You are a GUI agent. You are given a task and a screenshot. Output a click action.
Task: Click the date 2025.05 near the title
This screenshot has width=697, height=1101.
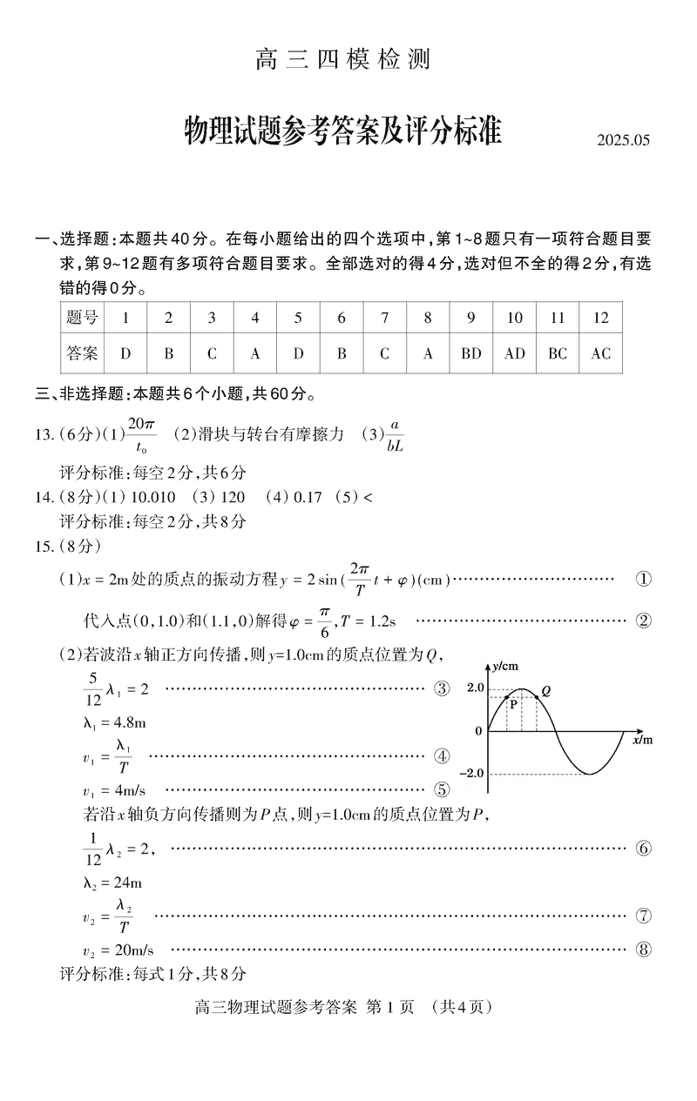(x=624, y=140)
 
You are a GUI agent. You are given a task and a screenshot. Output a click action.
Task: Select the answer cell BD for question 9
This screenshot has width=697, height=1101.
(x=470, y=353)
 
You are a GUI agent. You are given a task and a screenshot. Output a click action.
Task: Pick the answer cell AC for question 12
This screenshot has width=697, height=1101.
(x=600, y=353)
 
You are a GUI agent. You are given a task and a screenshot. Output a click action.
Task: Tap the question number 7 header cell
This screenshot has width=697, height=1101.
(x=384, y=318)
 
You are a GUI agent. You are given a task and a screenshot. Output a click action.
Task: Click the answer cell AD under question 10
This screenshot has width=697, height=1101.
(x=514, y=353)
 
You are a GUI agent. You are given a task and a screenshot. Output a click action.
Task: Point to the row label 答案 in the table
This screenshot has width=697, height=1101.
(x=82, y=353)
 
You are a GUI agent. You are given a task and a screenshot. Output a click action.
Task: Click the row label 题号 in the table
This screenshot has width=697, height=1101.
(x=82, y=318)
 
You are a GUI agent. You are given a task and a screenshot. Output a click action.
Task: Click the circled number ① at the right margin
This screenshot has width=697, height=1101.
(x=643, y=580)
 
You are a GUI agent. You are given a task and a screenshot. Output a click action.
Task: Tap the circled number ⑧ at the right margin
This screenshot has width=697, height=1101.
(x=643, y=950)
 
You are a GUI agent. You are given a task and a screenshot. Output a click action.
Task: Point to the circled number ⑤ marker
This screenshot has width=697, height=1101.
(x=442, y=789)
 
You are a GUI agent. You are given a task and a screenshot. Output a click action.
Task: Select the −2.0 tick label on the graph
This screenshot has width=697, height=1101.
(x=470, y=773)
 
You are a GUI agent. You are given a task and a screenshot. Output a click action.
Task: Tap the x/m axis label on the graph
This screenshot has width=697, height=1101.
(x=642, y=740)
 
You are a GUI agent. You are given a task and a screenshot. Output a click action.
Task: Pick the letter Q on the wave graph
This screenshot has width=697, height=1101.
(x=545, y=691)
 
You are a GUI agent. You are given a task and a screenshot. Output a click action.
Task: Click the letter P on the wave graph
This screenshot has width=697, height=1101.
(x=513, y=706)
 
